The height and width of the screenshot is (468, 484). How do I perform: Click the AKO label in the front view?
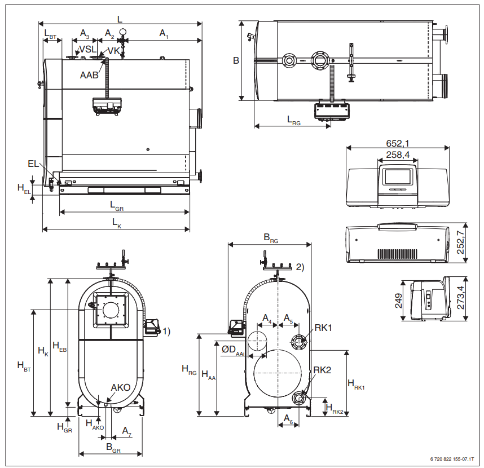click(x=121, y=387)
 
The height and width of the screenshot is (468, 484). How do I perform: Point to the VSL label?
click(x=87, y=50)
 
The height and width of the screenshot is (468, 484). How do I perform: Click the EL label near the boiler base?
click(x=33, y=164)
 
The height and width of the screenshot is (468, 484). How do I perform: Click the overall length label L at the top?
click(x=120, y=19)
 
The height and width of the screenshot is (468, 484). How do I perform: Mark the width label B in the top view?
click(x=236, y=60)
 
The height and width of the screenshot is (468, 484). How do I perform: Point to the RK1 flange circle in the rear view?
click(x=298, y=341)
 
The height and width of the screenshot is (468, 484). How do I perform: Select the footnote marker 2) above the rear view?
click(x=300, y=267)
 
